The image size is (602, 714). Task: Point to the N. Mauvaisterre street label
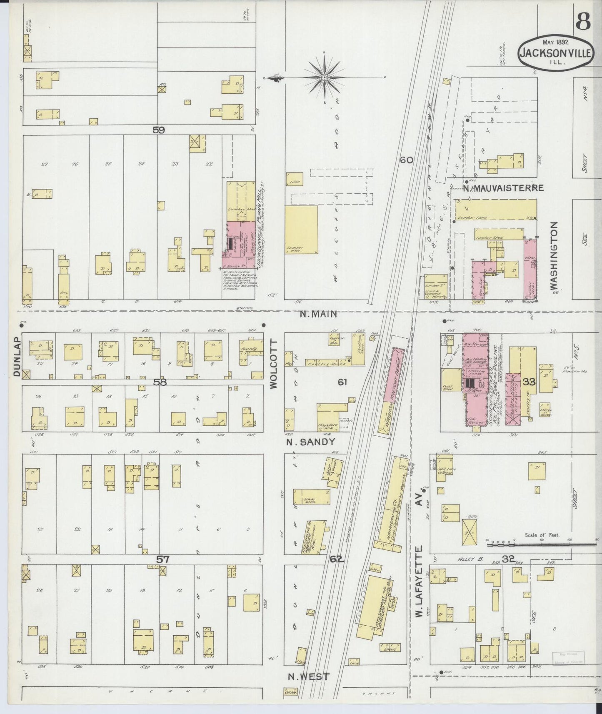coord(503,188)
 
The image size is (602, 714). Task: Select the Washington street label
coord(554,255)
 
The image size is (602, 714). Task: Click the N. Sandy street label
coord(311,442)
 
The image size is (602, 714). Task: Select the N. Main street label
coord(318,315)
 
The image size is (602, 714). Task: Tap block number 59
coord(158,130)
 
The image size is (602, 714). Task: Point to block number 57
coord(162,559)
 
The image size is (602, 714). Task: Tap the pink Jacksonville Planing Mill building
coord(241,246)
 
